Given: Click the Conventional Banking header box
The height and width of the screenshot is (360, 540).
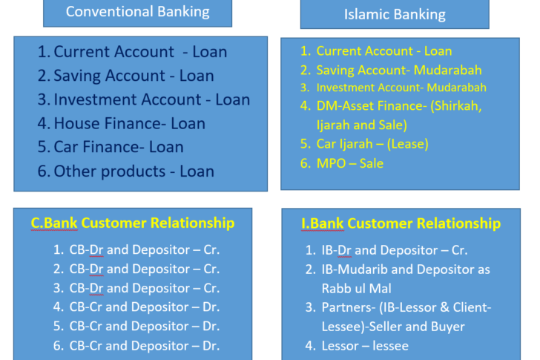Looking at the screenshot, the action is (138, 13).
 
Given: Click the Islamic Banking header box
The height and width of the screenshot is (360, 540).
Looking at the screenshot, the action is (395, 14).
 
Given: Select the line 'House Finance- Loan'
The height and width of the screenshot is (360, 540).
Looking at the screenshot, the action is (130, 123).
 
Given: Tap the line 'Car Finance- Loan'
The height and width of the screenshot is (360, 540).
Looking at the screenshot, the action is (119, 147).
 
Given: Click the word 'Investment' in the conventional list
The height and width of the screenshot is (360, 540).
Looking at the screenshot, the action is (93, 99).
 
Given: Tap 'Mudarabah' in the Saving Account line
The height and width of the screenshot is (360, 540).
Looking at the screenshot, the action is (448, 71).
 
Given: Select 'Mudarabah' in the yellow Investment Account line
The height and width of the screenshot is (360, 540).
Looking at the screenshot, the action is (457, 88).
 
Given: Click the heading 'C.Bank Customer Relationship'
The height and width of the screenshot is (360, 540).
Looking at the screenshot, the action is (133, 223).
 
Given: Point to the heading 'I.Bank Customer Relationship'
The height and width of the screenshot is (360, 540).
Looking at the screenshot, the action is (401, 223).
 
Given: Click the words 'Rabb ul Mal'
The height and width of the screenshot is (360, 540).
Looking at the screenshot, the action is (357, 289).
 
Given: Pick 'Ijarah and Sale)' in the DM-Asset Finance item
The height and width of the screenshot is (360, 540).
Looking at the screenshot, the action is (362, 125).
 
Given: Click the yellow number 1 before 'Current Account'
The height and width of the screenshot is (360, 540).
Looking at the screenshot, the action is (306, 51).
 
